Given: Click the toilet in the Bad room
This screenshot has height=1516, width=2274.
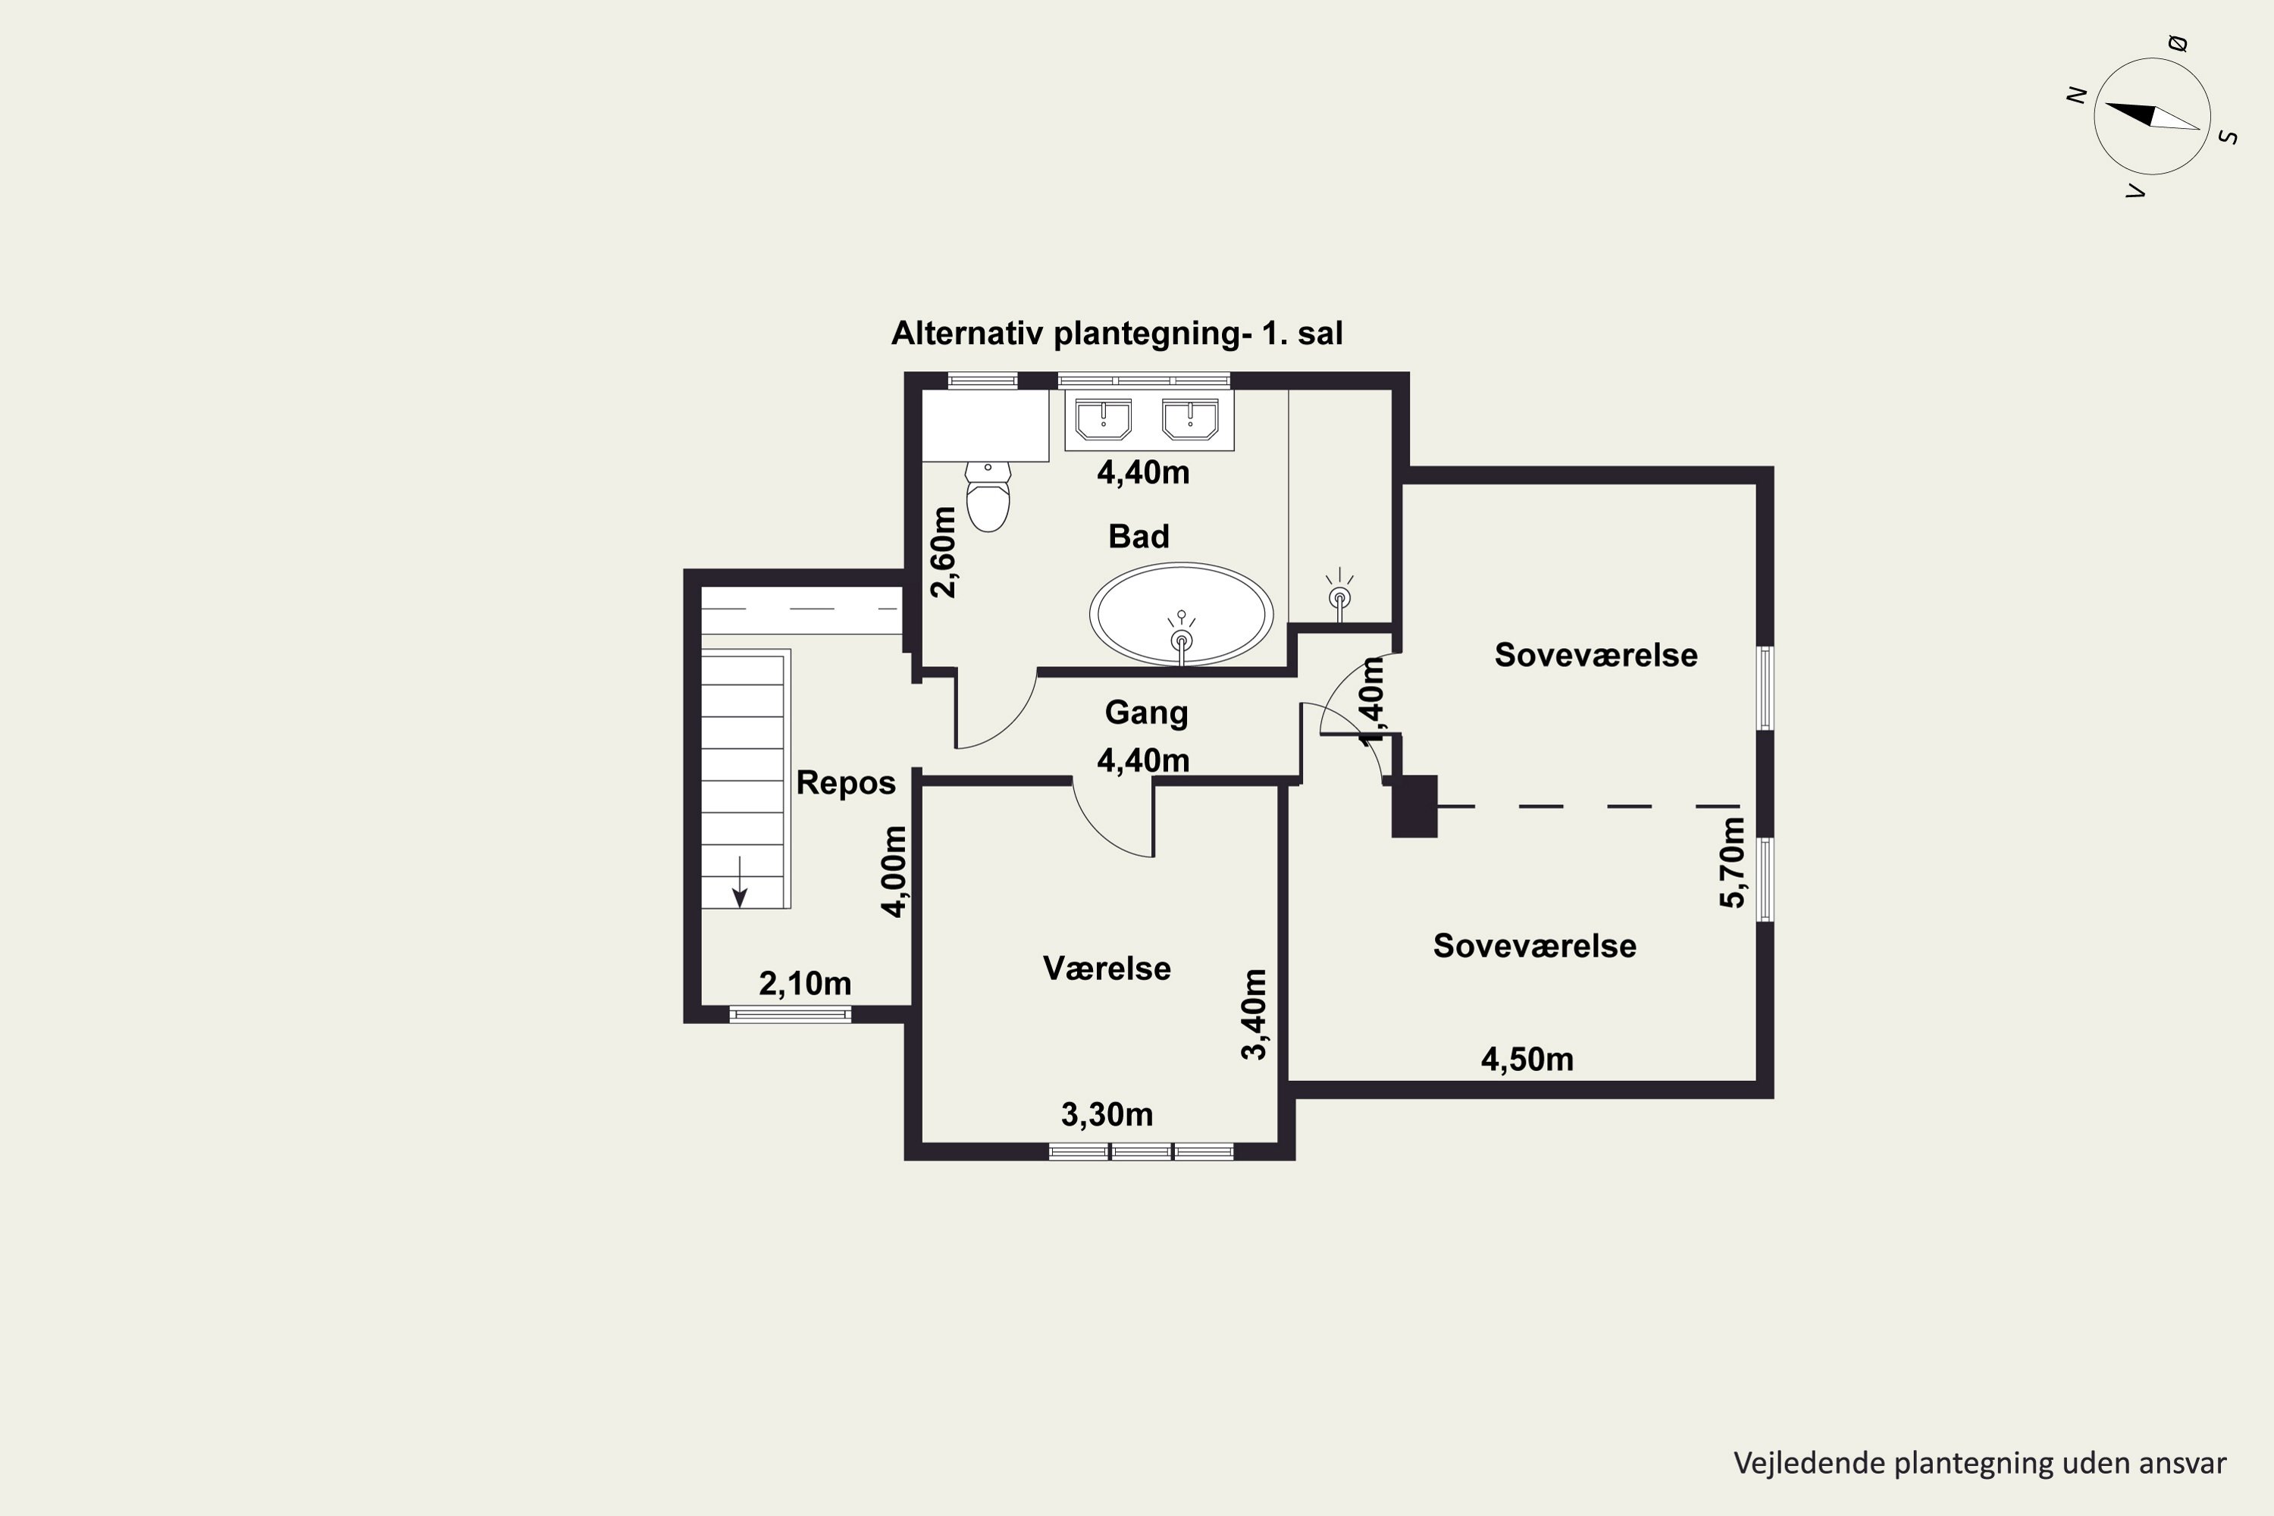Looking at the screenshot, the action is pos(988,497).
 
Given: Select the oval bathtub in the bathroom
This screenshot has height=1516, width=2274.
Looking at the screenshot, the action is pos(1182,614).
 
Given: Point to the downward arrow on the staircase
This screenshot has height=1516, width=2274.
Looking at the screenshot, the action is pos(740,882).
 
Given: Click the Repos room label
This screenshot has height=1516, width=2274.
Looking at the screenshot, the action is pos(846,782).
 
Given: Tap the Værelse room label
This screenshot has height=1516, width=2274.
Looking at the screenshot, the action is pos(1107,968).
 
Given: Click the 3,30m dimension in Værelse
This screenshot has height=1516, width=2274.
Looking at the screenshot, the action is pos(1107,1114).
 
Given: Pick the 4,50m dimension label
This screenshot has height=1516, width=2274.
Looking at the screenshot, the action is pos(1527,1059).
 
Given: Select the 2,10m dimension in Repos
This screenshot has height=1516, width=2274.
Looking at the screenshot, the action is pos(805,983).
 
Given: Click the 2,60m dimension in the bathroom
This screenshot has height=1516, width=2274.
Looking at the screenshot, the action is pos(943,552).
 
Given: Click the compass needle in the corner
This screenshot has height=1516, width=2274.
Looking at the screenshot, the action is pos(2152,116).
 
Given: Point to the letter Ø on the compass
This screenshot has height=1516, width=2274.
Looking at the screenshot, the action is pos(2177,42).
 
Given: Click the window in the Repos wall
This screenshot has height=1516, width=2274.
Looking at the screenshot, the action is pos(790,1014).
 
